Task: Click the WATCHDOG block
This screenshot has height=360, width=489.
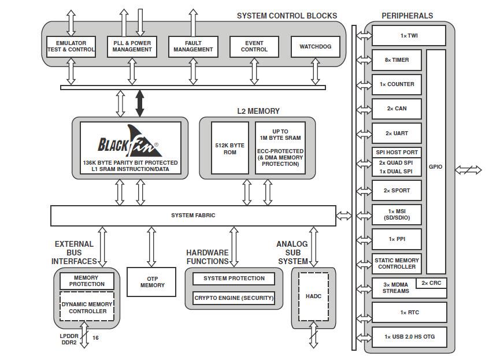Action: pyautogui.click(x=316, y=47)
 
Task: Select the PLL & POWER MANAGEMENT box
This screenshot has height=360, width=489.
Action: pyautogui.click(x=132, y=46)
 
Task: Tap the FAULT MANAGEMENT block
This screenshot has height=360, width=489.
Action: pyautogui.click(x=193, y=46)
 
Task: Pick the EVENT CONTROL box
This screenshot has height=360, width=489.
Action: pyautogui.click(x=254, y=46)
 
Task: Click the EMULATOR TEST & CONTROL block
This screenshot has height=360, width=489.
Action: pyautogui.click(x=71, y=46)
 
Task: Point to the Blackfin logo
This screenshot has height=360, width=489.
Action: pyautogui.click(x=128, y=142)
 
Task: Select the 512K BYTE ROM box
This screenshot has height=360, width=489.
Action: pyautogui.click(x=229, y=147)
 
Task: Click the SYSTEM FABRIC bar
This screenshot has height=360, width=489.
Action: pyautogui.click(x=193, y=216)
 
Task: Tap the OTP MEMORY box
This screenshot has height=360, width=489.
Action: pyautogui.click(x=151, y=281)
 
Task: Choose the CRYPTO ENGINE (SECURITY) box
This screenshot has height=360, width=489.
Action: pyautogui.click(x=234, y=298)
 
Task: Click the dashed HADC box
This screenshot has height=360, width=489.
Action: pyautogui.click(x=313, y=296)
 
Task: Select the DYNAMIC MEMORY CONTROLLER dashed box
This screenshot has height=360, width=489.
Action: pyautogui.click(x=87, y=307)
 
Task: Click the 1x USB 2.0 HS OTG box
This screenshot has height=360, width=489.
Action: pyautogui.click(x=409, y=337)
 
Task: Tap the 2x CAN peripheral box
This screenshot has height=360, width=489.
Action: pyautogui.click(x=397, y=109)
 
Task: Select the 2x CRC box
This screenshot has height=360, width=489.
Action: pyautogui.click(x=432, y=283)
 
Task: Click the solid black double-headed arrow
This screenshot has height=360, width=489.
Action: pyautogui.click(x=139, y=103)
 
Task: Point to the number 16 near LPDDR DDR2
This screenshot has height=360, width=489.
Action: pyautogui.click(x=95, y=337)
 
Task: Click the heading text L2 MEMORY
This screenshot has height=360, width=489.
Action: pyautogui.click(x=258, y=111)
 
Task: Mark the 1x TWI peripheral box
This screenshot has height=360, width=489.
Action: pyautogui.click(x=409, y=35)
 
